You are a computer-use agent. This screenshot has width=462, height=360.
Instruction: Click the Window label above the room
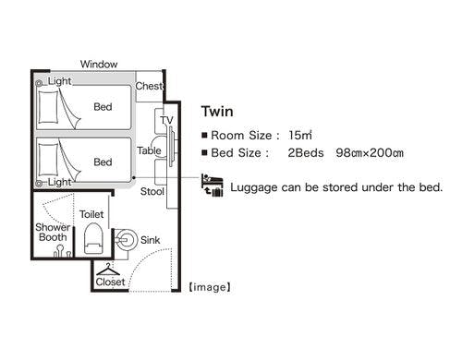[99, 65]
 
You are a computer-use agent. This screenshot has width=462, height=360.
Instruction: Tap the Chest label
[149, 86]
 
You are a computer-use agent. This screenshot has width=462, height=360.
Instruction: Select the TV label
[166, 120]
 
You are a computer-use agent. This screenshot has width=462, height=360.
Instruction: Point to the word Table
[149, 150]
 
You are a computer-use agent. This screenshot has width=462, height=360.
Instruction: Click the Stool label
[152, 191]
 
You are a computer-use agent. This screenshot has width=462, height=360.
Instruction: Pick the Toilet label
[91, 214]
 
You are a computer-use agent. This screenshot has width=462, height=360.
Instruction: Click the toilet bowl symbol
[93, 238]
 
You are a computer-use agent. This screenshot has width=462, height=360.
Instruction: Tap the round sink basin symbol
[126, 240]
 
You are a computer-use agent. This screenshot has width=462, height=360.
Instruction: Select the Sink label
[150, 240]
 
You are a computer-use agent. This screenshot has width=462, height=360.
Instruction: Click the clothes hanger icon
[108, 270]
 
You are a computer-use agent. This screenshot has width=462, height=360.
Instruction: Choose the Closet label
[110, 282]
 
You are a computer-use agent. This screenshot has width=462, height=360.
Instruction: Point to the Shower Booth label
[53, 232]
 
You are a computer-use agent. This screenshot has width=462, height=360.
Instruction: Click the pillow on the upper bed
[48, 107]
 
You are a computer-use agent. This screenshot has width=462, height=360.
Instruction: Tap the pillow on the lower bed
[48, 160]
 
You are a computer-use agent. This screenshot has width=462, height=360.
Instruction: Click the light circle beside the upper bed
[39, 83]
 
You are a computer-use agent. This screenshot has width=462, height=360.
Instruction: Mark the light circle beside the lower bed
[39, 184]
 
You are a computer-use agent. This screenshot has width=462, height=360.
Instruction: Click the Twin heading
[217, 112]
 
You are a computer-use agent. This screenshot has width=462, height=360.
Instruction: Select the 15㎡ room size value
[300, 135]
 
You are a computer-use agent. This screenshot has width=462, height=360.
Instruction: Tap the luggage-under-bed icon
[212, 185]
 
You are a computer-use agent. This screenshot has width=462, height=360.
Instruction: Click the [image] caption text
[210, 287]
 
